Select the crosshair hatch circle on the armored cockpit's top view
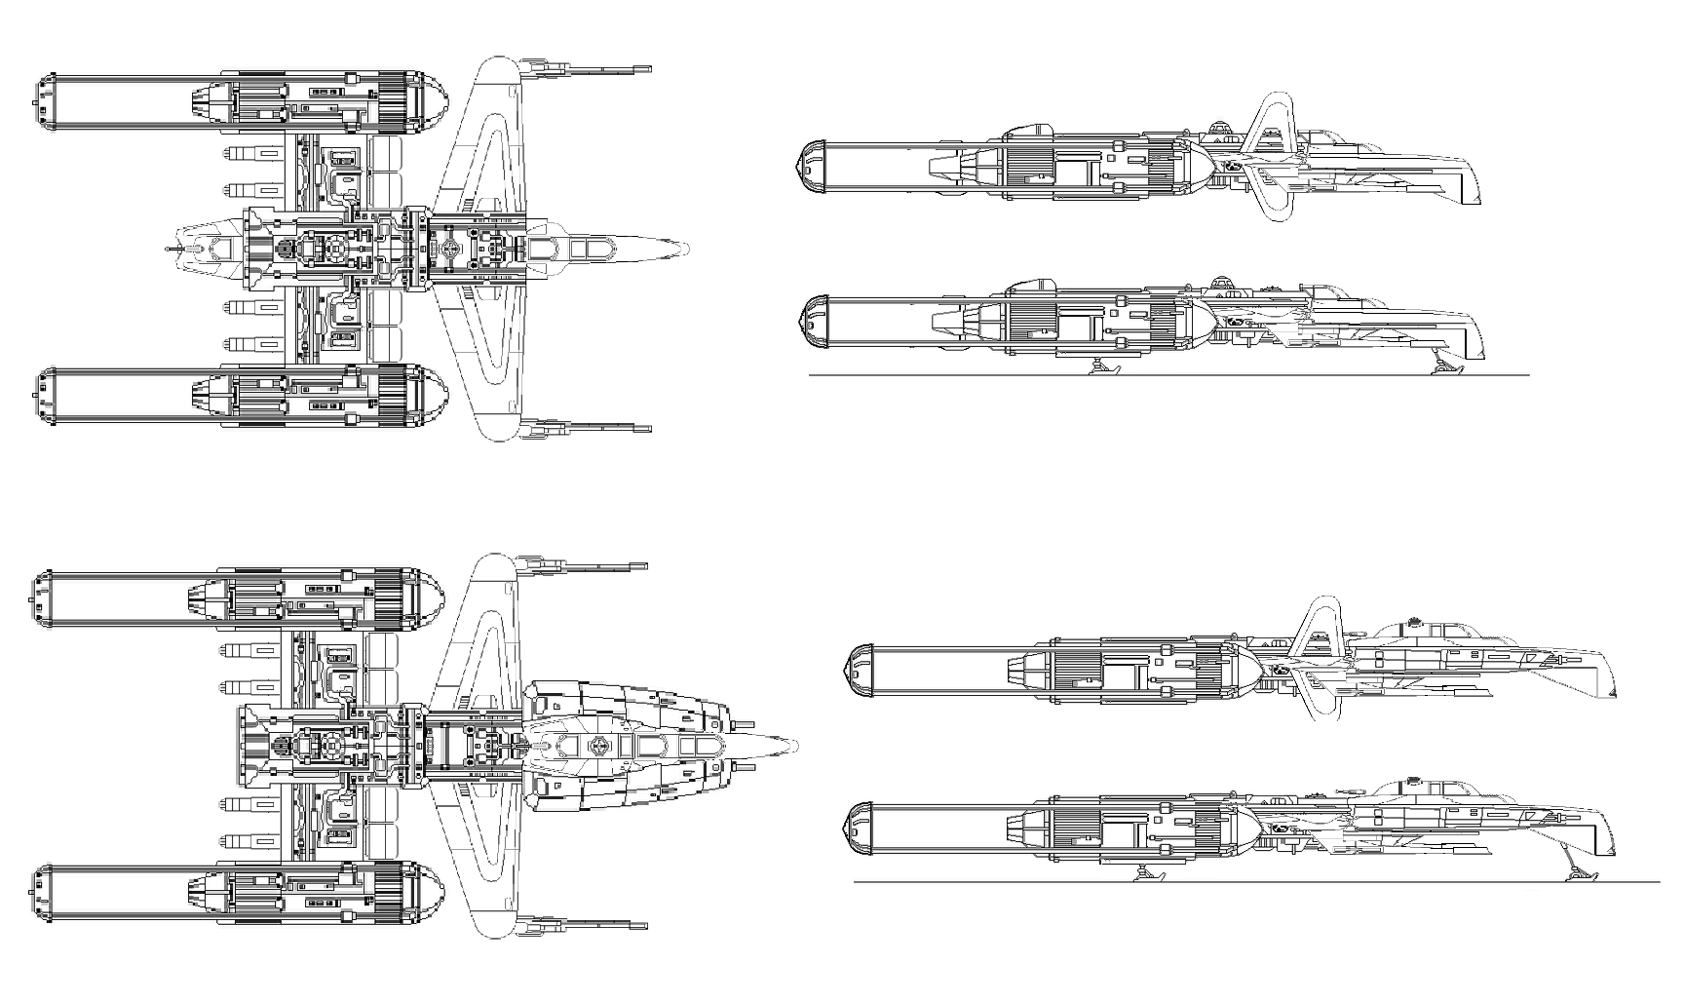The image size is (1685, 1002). [596, 748]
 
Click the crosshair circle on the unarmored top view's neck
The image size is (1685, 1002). [449, 250]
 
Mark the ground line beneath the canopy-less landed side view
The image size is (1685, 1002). [1169, 375]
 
